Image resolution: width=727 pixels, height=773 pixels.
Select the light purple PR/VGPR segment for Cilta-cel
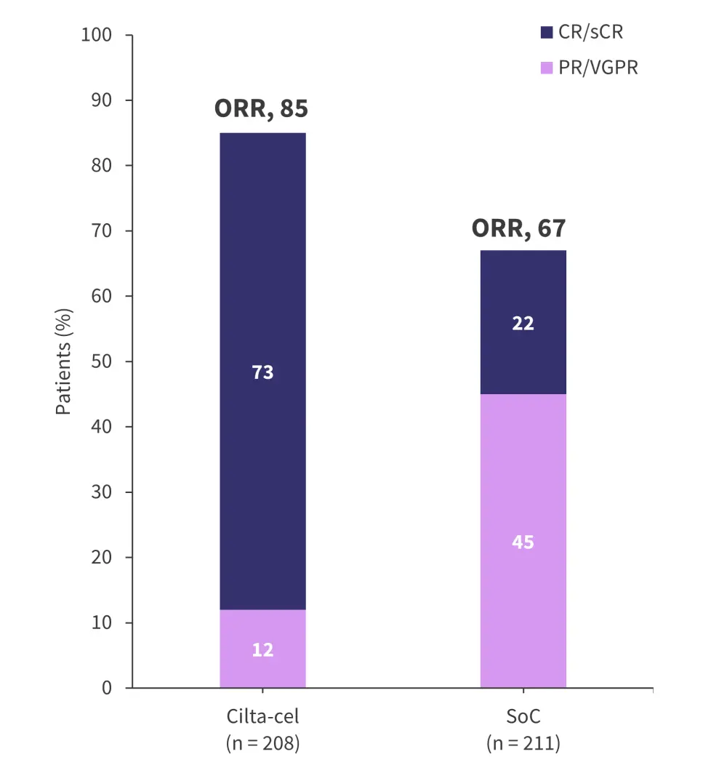point(262,669)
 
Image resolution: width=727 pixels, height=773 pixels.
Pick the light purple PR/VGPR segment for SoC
point(523,596)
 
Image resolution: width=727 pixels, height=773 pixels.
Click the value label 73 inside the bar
point(262,372)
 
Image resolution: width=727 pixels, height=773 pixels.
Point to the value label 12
point(262,649)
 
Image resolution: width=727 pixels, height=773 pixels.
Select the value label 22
point(523,324)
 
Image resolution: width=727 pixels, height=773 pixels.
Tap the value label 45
point(523,542)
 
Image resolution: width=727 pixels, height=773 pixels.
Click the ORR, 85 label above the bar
point(261,109)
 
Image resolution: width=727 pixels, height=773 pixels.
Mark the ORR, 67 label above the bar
point(518,228)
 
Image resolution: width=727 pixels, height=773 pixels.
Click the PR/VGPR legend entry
point(589,68)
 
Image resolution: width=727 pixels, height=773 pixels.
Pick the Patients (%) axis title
point(64,361)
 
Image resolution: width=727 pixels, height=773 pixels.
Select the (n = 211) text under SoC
point(523,744)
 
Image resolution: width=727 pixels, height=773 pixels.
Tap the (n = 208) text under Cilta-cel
point(262,744)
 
